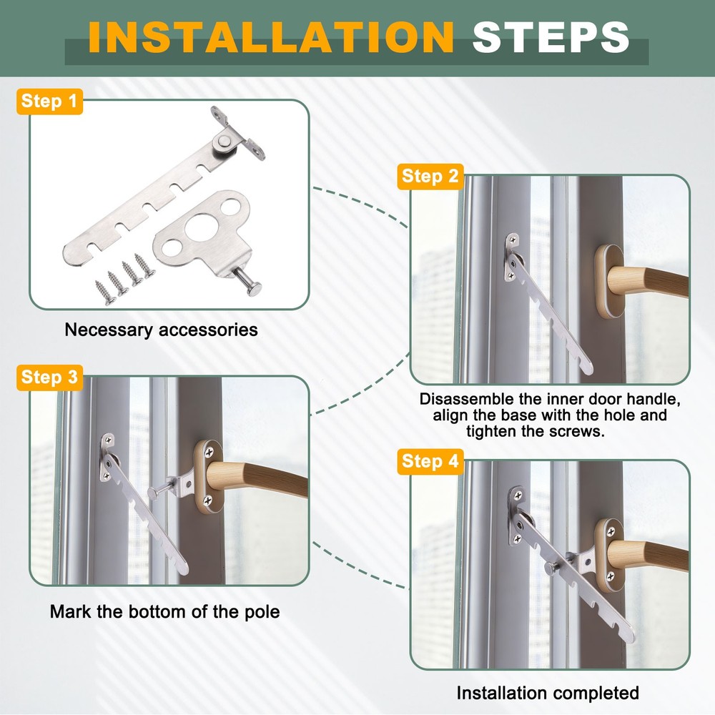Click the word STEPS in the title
[551, 37]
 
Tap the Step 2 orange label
[430, 177]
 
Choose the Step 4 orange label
[430, 461]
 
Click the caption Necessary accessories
[161, 330]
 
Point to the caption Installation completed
[547, 692]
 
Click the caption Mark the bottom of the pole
[164, 611]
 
